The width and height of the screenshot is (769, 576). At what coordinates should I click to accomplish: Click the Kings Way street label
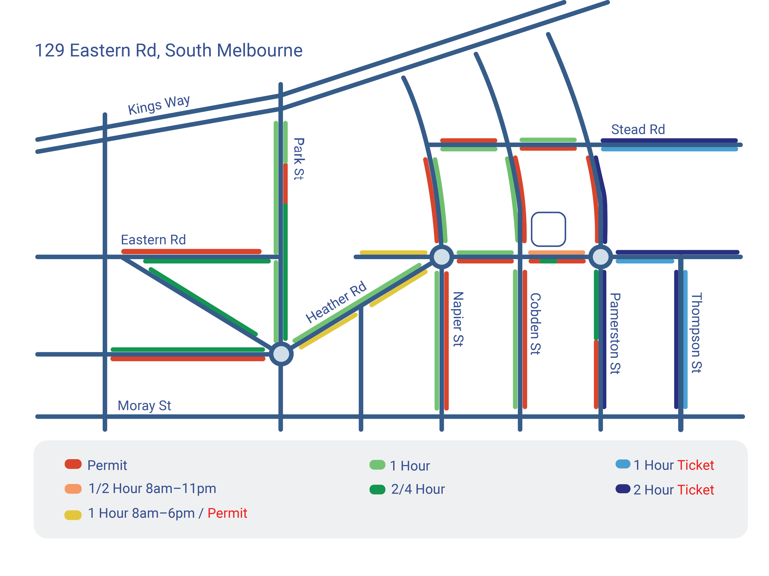(159, 105)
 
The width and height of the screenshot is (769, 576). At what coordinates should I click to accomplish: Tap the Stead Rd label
(638, 130)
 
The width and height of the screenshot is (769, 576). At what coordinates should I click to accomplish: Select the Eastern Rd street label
(153, 240)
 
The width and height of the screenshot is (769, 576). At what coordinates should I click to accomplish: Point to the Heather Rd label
(336, 302)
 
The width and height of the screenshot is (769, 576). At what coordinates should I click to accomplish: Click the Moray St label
(144, 405)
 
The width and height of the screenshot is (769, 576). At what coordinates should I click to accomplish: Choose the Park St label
(299, 159)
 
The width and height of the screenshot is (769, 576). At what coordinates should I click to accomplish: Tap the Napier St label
(458, 319)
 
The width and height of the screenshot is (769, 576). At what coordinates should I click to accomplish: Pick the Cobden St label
(535, 324)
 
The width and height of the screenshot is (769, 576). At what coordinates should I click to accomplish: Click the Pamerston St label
(615, 333)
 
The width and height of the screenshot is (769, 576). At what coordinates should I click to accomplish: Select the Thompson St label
(696, 333)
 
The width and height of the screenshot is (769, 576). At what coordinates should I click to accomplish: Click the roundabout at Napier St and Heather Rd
(441, 257)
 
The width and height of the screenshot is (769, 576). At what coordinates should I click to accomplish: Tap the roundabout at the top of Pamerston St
(600, 257)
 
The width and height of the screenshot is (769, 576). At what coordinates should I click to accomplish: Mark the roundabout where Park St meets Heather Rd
(281, 354)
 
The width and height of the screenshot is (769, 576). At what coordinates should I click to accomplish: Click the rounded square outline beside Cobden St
(548, 229)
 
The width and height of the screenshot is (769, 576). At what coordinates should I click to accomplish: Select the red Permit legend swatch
(73, 464)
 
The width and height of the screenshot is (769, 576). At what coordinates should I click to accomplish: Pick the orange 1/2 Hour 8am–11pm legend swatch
(73, 489)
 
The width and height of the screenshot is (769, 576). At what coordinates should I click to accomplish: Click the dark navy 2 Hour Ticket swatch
(623, 489)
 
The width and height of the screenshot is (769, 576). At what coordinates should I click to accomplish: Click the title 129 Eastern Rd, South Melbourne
(169, 50)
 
